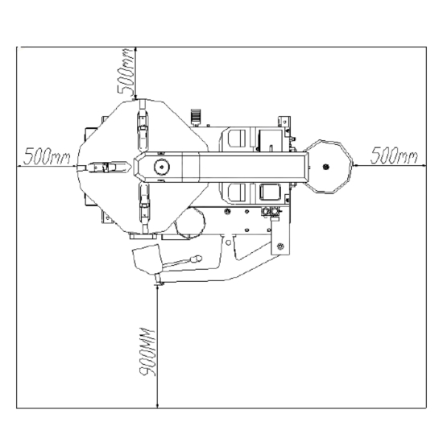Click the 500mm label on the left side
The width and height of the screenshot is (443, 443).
coord(47,155)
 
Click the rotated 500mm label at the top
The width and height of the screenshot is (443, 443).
coord(126,72)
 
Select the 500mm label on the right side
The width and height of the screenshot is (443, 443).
coord(394,155)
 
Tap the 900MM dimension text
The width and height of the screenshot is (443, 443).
coord(147,352)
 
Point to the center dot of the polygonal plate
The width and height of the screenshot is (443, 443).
coord(325,167)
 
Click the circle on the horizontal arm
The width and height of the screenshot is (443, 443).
coord(162,167)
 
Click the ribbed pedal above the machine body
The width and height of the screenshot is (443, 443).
coord(196,116)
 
